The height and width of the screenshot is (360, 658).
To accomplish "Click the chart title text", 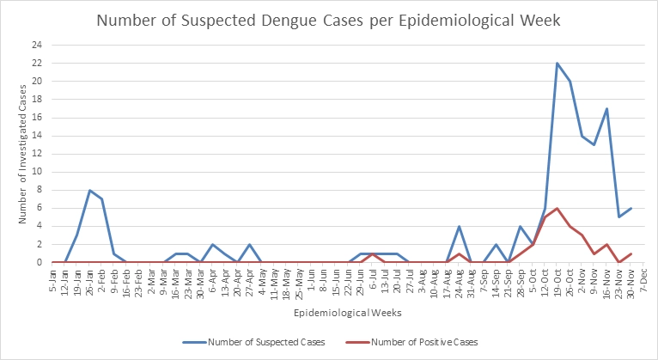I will click(x=328, y=20).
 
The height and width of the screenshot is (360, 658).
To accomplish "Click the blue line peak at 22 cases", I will click(x=557, y=63).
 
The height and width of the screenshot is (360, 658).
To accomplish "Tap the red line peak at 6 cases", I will click(x=557, y=208).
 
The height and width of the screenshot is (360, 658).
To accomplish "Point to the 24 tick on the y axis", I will click(x=36, y=45).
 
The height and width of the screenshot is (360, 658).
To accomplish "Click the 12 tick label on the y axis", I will click(x=36, y=154).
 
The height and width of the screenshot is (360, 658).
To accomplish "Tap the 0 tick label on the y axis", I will click(x=39, y=263).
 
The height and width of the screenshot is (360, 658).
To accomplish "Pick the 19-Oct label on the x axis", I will click(x=556, y=283).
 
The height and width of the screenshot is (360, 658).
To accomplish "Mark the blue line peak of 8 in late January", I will click(x=89, y=190).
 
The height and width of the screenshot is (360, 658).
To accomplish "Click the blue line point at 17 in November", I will click(x=606, y=108).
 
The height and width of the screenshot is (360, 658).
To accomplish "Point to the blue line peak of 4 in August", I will click(x=459, y=227).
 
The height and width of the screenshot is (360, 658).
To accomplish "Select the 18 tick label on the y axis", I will click(x=36, y=100).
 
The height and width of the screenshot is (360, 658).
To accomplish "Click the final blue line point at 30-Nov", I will click(x=631, y=208).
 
